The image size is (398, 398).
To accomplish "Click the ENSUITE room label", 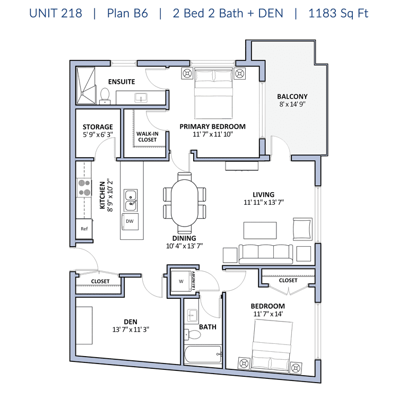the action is click(122, 82).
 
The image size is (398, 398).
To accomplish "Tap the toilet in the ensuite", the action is click(105, 96).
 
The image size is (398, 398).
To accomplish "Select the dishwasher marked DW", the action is click(130, 221).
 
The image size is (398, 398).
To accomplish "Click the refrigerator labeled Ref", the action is click(84, 229).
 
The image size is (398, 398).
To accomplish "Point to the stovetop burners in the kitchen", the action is click(84, 187).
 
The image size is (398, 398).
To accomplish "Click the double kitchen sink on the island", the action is click(131, 200).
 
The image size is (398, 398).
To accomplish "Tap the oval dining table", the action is click(185, 203).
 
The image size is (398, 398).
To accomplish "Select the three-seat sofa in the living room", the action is click(266, 254).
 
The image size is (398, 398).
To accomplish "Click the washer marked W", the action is click(181, 281).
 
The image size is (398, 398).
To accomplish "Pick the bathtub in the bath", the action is click(203, 354).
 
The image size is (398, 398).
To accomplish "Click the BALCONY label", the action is click(292, 97).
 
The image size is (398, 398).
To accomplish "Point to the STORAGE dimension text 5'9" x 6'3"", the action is click(98, 135).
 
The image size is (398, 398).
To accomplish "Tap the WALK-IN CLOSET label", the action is click(147, 136).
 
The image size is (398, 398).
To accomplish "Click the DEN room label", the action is click(131, 322).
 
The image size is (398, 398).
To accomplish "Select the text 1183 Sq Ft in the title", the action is click(338, 13).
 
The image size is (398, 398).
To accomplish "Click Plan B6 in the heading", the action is click(127, 13).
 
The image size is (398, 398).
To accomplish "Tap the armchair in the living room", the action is click(302, 229).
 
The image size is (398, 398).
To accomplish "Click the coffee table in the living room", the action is click(260, 230).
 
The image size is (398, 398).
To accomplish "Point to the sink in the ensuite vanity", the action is click(141, 98).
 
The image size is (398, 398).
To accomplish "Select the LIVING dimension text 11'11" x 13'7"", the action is click(264, 202).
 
